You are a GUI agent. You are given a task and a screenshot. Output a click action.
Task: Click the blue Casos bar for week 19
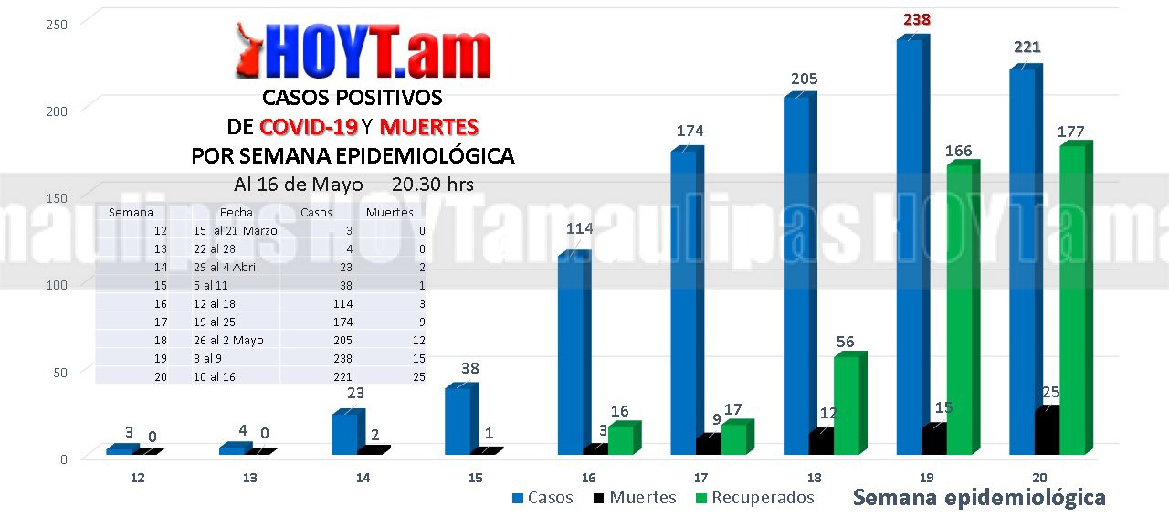tap(909, 247)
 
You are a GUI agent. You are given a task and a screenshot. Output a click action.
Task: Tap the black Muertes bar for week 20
tap(1047, 431)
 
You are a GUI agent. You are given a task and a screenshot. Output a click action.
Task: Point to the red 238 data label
tap(918, 19)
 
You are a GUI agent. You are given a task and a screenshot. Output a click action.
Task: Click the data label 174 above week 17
tap(690, 131)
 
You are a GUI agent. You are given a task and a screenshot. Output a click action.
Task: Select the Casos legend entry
tap(542, 498)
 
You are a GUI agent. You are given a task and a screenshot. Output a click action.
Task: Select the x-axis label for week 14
tap(363, 478)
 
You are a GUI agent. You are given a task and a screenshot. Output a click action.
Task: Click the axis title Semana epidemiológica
tap(978, 498)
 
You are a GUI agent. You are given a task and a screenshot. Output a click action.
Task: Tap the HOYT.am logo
tap(363, 52)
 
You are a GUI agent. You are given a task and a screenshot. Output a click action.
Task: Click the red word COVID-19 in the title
tap(308, 126)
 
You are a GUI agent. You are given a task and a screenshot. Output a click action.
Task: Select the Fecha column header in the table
tap(236, 212)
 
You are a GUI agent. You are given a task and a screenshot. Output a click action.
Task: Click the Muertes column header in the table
tap(389, 212)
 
